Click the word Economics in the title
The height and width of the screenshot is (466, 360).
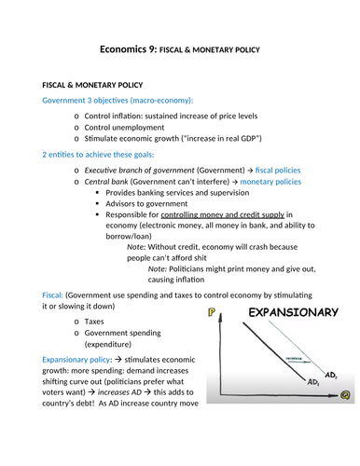(128, 48)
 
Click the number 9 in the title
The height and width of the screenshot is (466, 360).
(162, 48)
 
